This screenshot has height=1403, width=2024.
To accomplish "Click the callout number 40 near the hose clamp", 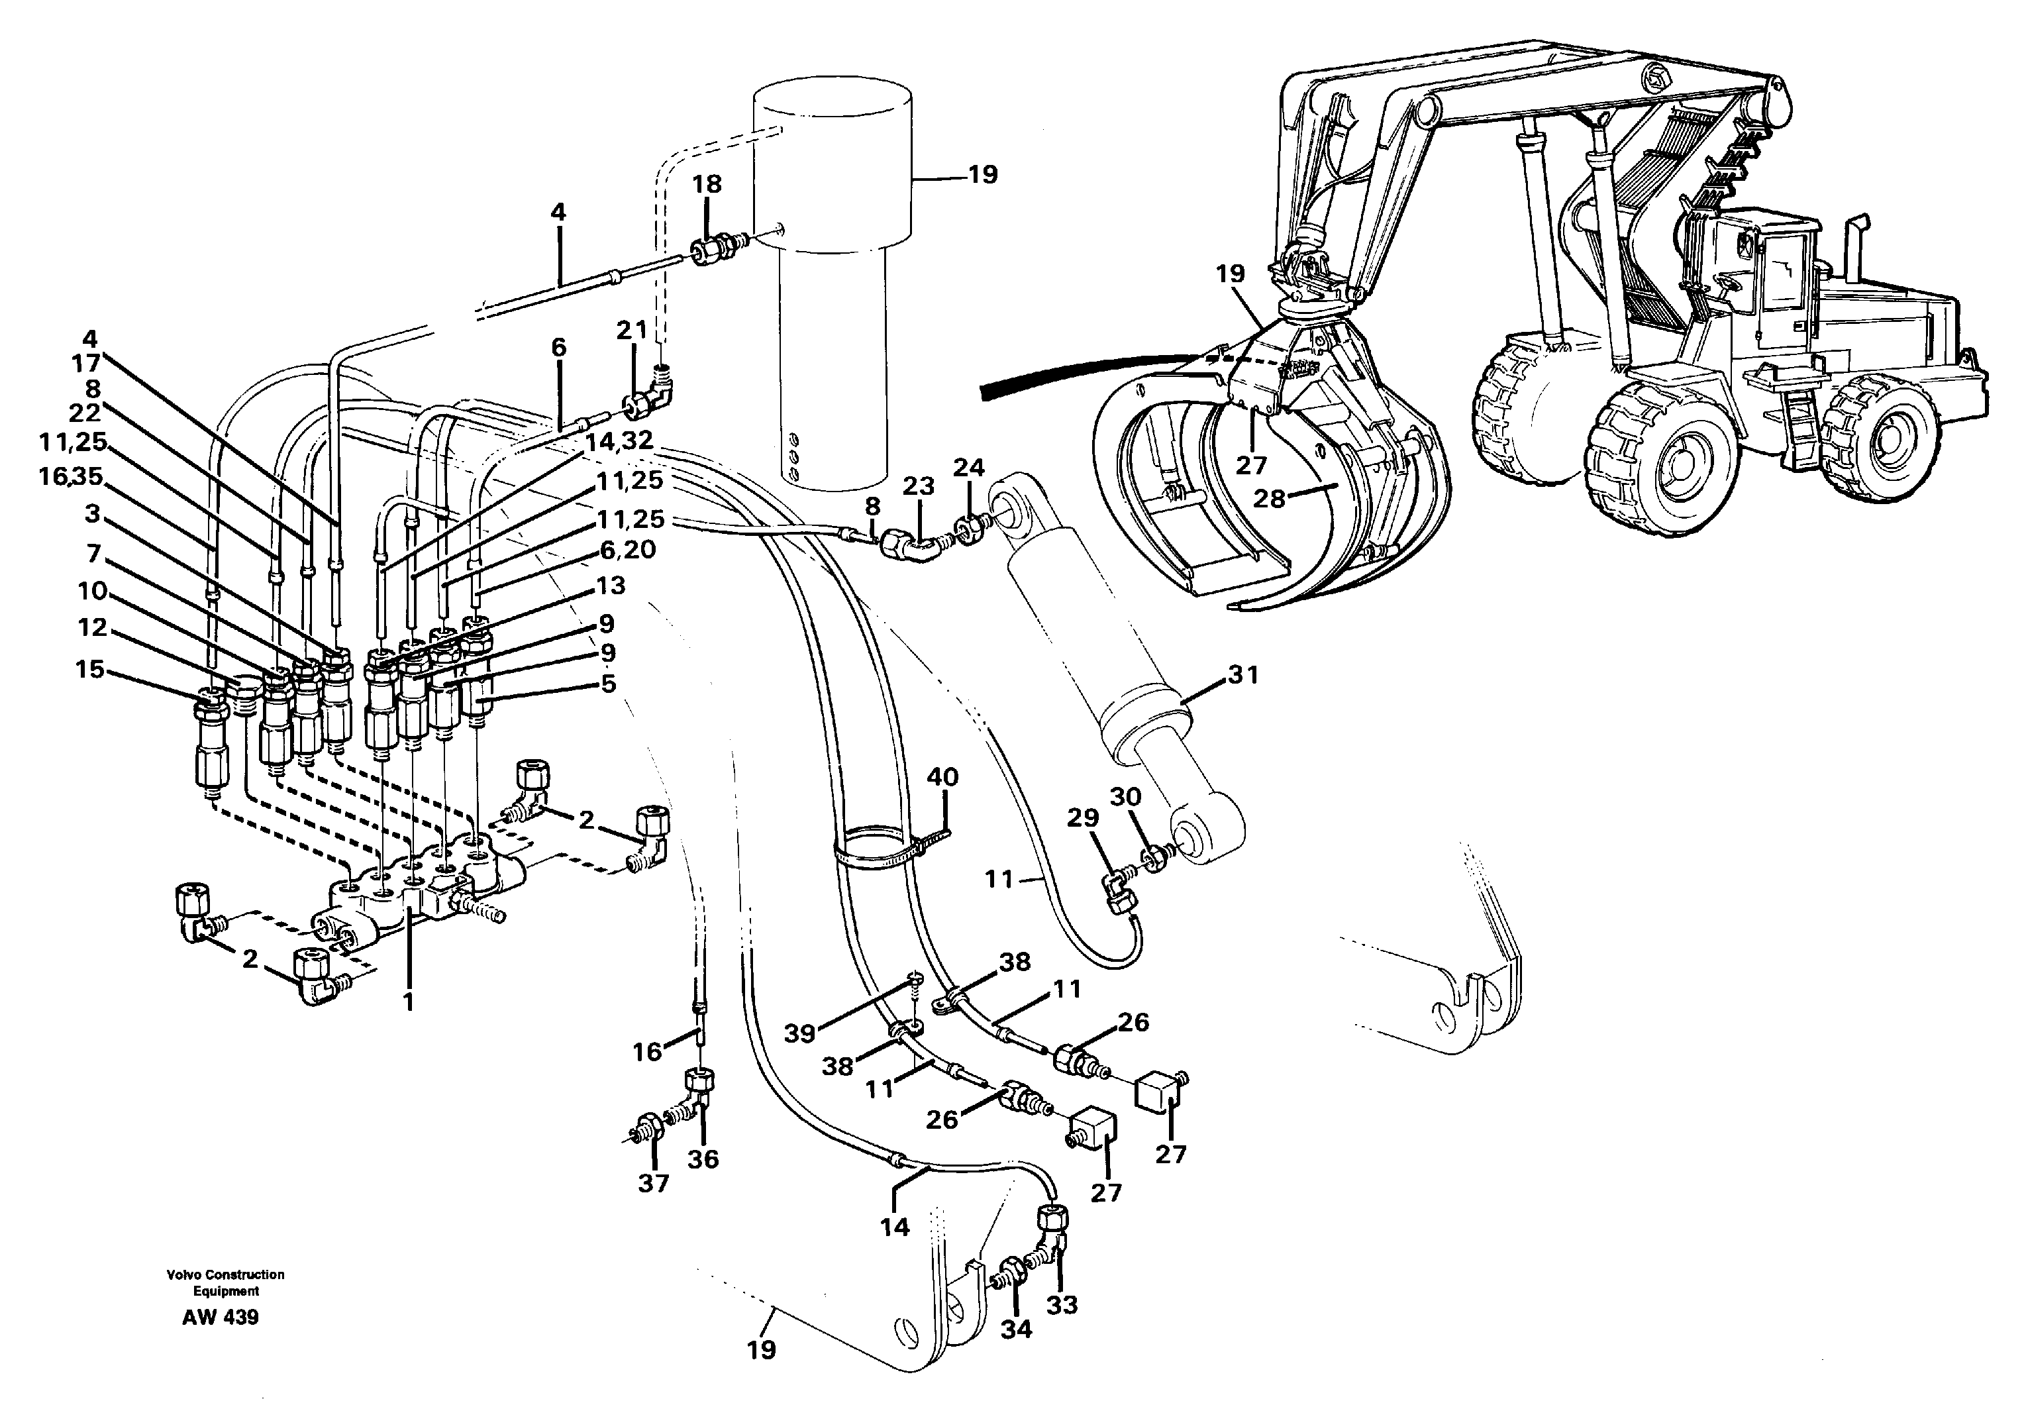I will tap(942, 777).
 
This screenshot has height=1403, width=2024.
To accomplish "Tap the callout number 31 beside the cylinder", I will tap(1242, 675).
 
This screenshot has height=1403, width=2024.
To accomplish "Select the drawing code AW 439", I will tap(221, 1317).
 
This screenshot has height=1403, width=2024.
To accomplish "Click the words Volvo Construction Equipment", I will tap(226, 1282).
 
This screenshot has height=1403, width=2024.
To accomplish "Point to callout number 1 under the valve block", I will tap(408, 1002).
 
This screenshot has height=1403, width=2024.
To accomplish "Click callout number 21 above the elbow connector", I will tap(631, 331).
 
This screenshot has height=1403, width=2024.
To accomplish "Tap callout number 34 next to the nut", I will tap(1016, 1329).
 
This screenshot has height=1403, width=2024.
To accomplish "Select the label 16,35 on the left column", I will tap(70, 476).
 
